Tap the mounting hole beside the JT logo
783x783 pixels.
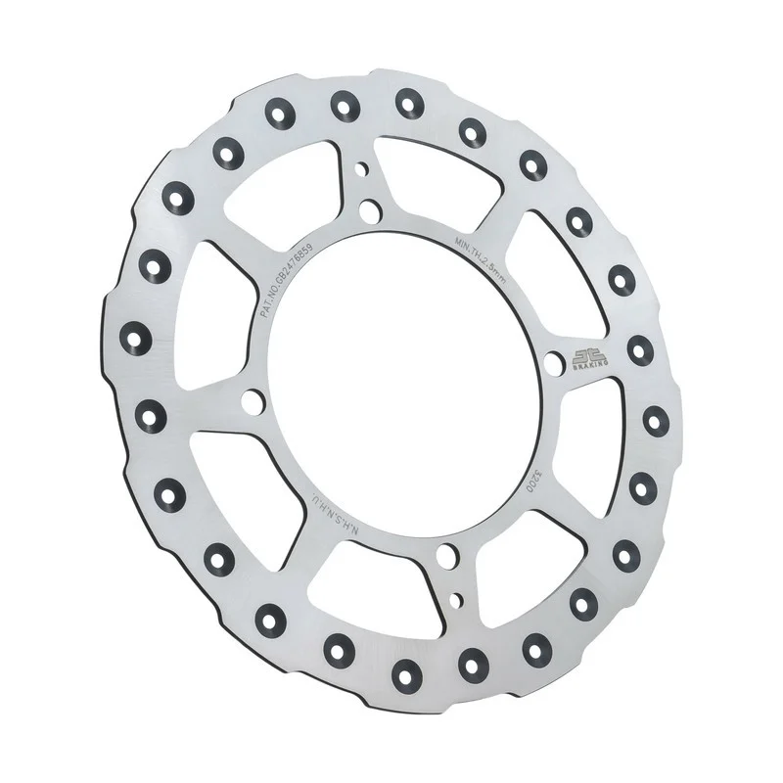click(x=554, y=364)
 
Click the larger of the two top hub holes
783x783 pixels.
click(x=369, y=209)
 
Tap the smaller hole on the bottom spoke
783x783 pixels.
click(x=456, y=596)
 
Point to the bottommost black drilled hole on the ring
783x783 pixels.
click(x=404, y=671)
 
